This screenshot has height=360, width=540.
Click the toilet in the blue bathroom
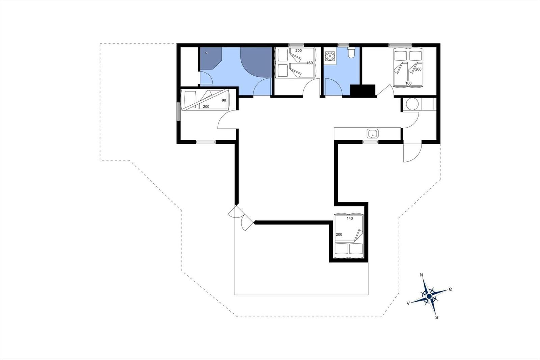point(351,53)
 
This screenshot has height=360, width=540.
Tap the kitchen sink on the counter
point(373,133)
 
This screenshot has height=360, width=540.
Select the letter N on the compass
point(422,275)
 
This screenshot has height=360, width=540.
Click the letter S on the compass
point(437,317)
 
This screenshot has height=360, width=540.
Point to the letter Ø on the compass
point(450,289)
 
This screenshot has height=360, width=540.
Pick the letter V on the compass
point(408,303)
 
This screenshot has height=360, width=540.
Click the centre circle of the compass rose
point(429,296)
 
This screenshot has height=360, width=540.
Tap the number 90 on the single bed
point(224,100)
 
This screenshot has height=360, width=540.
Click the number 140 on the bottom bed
point(350,218)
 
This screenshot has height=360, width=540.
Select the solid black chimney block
point(363,91)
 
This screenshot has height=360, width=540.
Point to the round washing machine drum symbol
point(412,104)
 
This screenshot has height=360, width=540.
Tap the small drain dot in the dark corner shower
point(206,53)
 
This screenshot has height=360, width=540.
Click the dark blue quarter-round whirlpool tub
point(256,62)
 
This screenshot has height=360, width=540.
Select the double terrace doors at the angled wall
point(241,218)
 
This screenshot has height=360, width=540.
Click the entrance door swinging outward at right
point(412,153)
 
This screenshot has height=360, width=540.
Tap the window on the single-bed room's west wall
point(179,111)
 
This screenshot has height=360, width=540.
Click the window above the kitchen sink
point(371,142)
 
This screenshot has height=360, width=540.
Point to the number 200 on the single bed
point(206,107)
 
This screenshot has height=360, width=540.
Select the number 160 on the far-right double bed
point(408,83)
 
